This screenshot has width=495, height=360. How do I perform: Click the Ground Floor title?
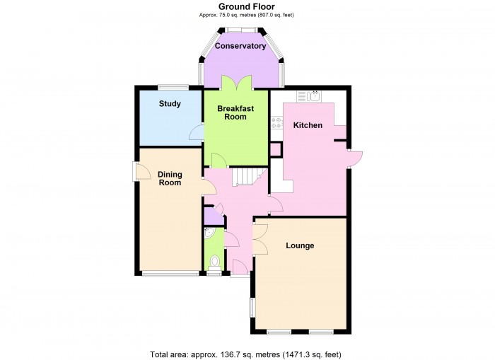tap(246, 6)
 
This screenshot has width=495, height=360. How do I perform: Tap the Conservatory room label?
tap(240, 47)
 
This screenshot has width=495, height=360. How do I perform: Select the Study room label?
tap(169, 104)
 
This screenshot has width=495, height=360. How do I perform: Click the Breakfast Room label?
tap(235, 112)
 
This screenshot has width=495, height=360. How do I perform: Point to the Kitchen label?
tap(308, 125)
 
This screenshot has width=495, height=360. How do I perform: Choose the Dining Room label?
tap(170, 178)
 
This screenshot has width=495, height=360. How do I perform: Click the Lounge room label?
tap(300, 246)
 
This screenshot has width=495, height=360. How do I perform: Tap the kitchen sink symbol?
tap(313, 96)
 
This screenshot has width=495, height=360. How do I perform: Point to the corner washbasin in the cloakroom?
tap(209, 233)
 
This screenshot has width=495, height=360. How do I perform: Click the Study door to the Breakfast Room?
tap(196, 132)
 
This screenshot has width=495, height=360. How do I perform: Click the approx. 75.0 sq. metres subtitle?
tap(246, 14)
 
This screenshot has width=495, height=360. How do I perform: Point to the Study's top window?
tap(173, 87)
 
